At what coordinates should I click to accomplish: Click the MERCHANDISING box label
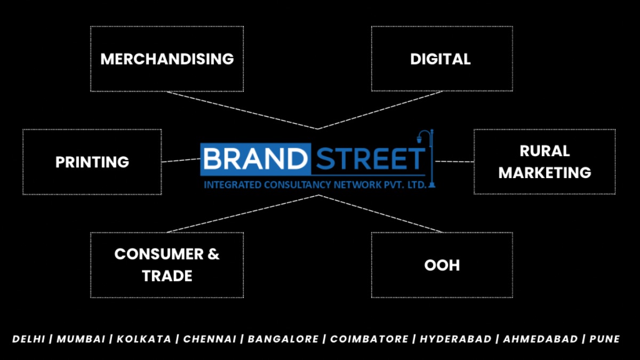pyautogui.click(x=167, y=59)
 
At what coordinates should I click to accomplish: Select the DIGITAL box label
pyautogui.click(x=441, y=59)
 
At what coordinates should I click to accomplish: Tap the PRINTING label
pyautogui.click(x=92, y=162)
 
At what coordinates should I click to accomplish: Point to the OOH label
pyautogui.click(x=442, y=265)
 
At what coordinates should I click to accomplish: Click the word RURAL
pyautogui.click(x=545, y=151)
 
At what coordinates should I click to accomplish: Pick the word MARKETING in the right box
pyautogui.click(x=545, y=173)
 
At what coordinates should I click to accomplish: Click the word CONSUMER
pyautogui.click(x=159, y=254)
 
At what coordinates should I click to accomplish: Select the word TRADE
pyautogui.click(x=167, y=276)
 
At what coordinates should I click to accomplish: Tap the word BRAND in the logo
pyautogui.click(x=255, y=159)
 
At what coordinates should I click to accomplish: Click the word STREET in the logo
pyautogui.click(x=371, y=159)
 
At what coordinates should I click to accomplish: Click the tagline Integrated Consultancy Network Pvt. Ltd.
pyautogui.click(x=315, y=185)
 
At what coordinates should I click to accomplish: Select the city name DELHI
pyautogui.click(x=29, y=339)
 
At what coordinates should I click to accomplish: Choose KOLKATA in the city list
pyautogui.click(x=143, y=339)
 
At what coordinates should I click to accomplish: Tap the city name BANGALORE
pyautogui.click(x=283, y=339)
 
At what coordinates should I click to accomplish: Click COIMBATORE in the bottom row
pyautogui.click(x=369, y=339)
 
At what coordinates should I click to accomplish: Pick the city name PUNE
pyautogui.click(x=605, y=339)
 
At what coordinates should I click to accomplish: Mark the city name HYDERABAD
pyautogui.click(x=455, y=339)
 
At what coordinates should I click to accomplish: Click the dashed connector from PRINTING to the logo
pyautogui.click(x=181, y=161)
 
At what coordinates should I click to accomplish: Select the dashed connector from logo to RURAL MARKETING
pyautogui.click(x=454, y=162)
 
